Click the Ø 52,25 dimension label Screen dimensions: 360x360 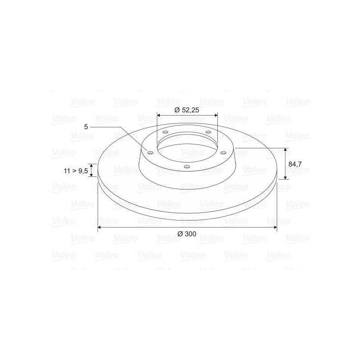click(x=187, y=110)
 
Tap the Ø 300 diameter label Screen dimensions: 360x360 click(x=187, y=234)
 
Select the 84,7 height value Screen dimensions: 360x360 click(x=295, y=164)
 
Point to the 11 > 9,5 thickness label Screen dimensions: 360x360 click(x=76, y=171)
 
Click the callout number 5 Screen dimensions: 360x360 click(x=86, y=127)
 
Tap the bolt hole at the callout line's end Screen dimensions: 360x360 click(x=150, y=153)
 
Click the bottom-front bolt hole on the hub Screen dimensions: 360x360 click(x=187, y=166)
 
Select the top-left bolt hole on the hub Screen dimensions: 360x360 click(x=165, y=132)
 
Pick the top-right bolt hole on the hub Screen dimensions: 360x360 click(x=208, y=132)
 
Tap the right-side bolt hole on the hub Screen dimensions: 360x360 click(x=223, y=153)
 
